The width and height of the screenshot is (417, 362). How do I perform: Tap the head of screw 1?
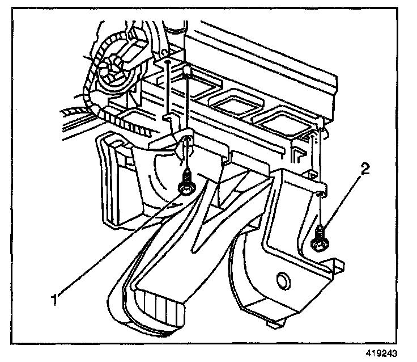click(185, 187)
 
